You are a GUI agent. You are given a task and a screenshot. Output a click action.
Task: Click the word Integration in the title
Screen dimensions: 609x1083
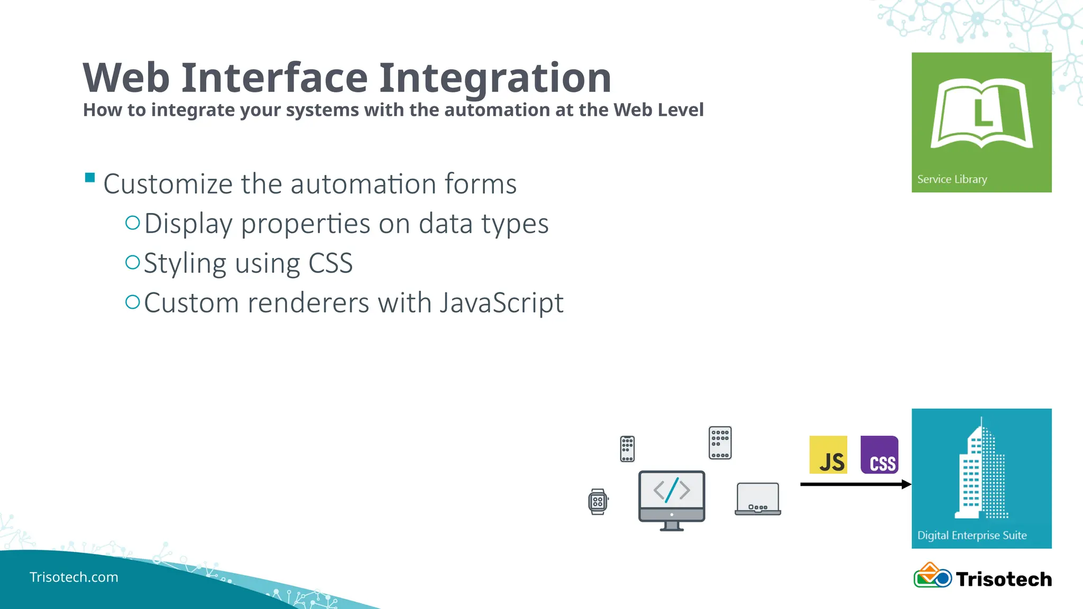pyautogui.click(x=495, y=78)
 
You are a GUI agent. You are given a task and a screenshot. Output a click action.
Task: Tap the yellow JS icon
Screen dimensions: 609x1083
pyautogui.click(x=828, y=455)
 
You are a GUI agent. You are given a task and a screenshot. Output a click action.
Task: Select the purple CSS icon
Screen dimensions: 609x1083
pyautogui.click(x=879, y=455)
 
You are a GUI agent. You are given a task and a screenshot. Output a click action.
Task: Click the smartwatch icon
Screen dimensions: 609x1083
pyautogui.click(x=598, y=502)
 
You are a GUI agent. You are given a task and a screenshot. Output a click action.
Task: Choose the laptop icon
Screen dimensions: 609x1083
pyautogui.click(x=758, y=499)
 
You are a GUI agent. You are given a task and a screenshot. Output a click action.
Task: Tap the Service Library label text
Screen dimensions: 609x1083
pyautogui.click(x=952, y=179)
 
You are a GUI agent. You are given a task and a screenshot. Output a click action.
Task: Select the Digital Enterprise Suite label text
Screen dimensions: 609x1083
pyautogui.click(x=972, y=535)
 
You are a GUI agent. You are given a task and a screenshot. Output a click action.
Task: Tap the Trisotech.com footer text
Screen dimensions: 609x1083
pyautogui.click(x=74, y=577)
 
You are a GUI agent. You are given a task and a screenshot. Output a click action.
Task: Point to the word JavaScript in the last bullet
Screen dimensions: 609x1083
pyautogui.click(x=502, y=303)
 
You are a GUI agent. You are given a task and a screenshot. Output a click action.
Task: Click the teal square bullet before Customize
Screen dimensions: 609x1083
pyautogui.click(x=90, y=178)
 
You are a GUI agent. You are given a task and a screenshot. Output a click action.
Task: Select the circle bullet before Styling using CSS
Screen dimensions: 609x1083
pyautogui.click(x=132, y=262)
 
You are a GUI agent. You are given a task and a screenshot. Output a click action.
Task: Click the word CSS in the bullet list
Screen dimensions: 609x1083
pyautogui.click(x=331, y=263)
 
